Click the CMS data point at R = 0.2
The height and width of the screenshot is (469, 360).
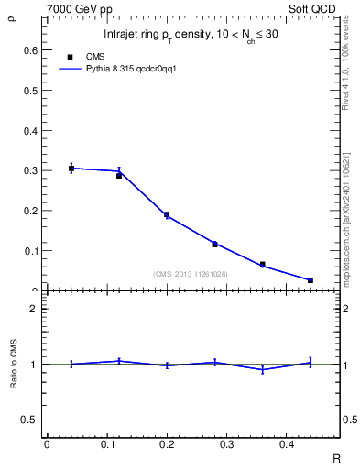167,214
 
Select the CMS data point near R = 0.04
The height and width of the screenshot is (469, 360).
71,169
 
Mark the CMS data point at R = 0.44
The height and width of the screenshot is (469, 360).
311,280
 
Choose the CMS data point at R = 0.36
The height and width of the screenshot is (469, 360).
262,264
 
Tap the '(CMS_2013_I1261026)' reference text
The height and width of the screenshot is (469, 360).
191,274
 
